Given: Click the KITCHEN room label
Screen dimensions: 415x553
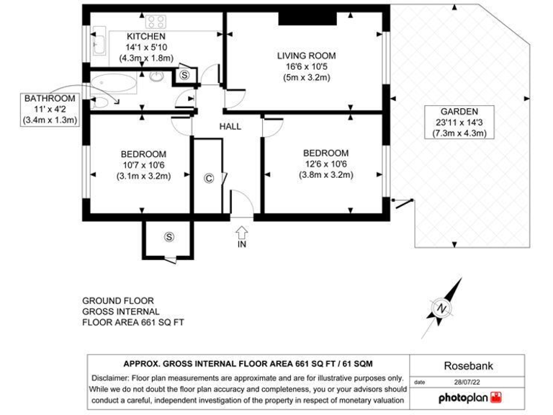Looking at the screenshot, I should click(146, 36).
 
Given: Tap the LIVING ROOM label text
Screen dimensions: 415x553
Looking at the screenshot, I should click(306, 55).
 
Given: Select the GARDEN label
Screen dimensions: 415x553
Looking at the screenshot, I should click(460, 112).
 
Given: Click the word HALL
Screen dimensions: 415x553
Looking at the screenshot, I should click(230, 127).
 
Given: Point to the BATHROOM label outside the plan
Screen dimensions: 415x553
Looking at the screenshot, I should click(49, 99).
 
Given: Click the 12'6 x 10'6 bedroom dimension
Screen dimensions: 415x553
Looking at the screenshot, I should click(325, 164).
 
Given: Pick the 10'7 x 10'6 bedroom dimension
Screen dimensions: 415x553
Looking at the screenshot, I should click(143, 165).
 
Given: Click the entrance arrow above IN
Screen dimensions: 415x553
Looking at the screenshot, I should click(241, 231).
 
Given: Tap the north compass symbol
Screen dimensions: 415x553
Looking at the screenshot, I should click(440, 307).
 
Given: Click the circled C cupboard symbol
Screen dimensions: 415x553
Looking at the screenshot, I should click(209, 178).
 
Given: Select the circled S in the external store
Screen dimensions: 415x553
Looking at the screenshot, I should click(169, 236).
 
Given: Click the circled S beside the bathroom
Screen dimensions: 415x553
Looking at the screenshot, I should click(184, 74).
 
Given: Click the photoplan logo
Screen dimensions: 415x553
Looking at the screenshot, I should click(469, 397).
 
